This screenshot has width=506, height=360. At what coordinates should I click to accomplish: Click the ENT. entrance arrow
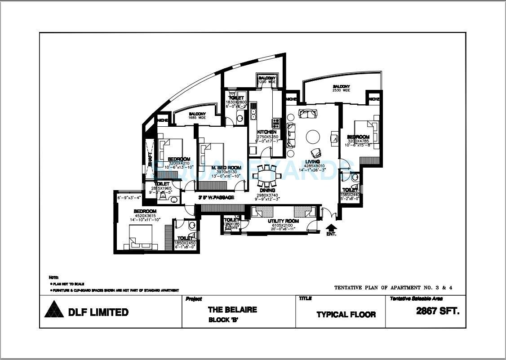coord(331,227)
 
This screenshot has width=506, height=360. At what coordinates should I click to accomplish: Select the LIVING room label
coord(312,161)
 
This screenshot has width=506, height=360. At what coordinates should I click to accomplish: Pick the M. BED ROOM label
coord(226,168)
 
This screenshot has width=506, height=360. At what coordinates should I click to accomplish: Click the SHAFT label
coord(150,159)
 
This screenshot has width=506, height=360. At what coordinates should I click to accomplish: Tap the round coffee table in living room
coord(313,136)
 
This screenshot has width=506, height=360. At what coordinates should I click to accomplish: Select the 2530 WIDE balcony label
coord(342,90)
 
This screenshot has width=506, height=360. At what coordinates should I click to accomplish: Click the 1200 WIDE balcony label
coord(267,83)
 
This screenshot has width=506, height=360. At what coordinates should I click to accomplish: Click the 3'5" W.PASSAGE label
coord(216,197)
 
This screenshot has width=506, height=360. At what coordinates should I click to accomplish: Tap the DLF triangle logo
coord(53,310)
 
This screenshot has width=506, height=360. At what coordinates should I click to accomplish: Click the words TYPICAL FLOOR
coord(346,314)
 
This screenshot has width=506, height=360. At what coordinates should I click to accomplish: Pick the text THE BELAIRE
coord(232,309)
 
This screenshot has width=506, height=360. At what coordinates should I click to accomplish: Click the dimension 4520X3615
coord(145,215)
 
